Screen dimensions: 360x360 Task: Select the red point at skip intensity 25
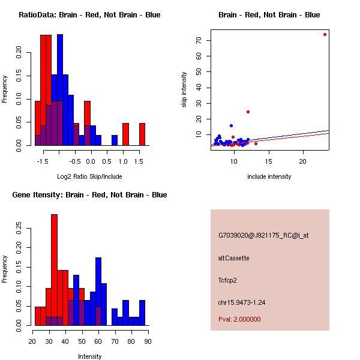248,112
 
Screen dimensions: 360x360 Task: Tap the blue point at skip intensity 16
231,126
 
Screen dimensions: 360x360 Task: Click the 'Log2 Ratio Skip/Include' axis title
89,176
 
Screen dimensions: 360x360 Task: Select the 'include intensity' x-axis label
269,176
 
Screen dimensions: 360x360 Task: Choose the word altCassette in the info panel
233,258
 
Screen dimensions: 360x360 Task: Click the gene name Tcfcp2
229,280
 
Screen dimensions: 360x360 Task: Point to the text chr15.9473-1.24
242,302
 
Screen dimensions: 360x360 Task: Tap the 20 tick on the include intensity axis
303,161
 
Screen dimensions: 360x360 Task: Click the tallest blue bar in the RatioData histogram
59,90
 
